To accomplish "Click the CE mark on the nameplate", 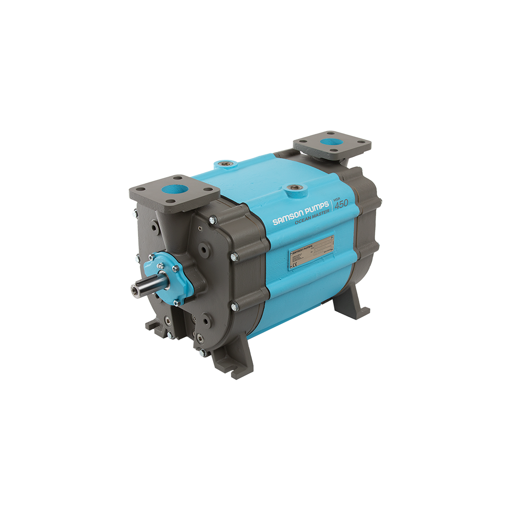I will pyautogui.click(x=293, y=265).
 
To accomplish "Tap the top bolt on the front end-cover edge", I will pyautogui.click(x=213, y=219).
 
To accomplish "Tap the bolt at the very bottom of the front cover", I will pyautogui.click(x=201, y=353).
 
